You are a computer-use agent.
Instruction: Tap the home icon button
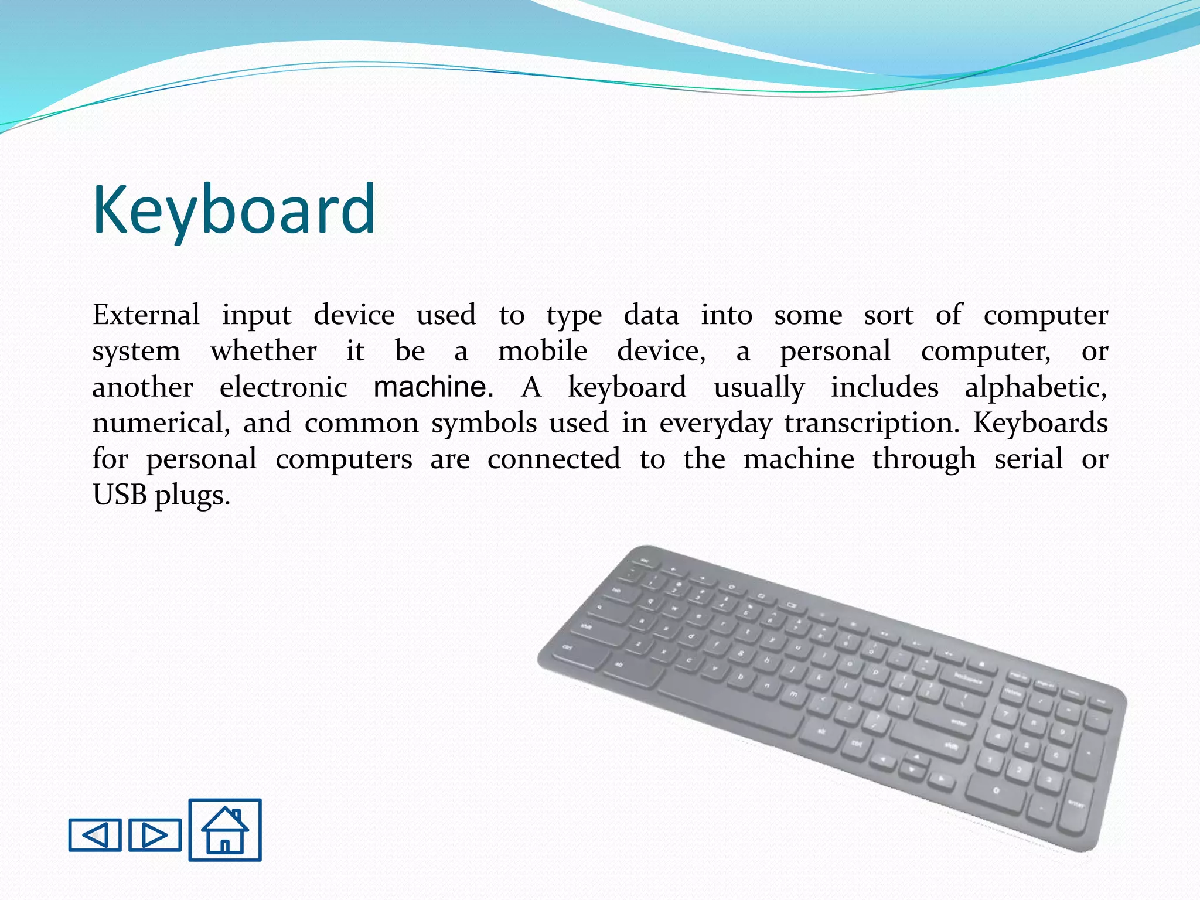coord(225,830)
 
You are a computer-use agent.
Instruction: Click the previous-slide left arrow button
coord(95,834)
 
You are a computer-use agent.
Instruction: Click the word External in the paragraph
coord(146,315)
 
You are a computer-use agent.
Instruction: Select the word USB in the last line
coord(120,495)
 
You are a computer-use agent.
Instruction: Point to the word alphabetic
coord(1035,387)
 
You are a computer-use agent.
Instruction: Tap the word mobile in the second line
coord(543,352)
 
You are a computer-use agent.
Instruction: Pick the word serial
coord(1028,459)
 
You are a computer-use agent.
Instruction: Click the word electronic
coord(283,387)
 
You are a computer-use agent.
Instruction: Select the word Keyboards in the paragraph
coord(1040,423)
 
